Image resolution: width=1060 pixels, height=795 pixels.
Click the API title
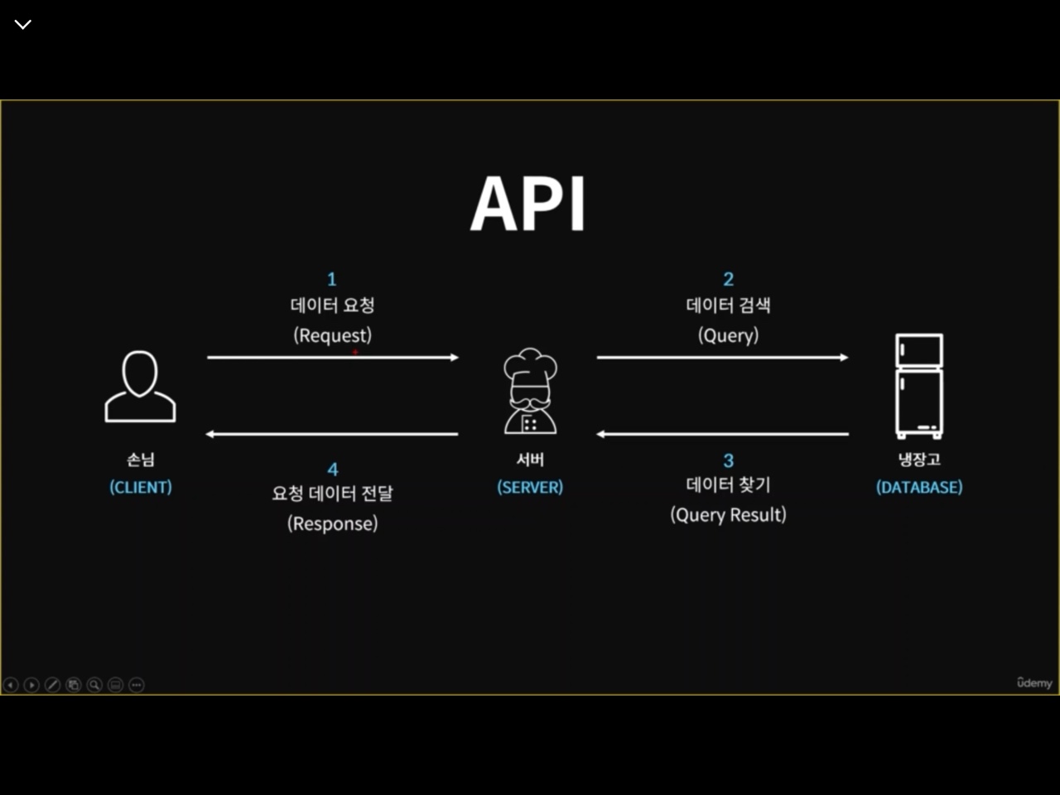[x=528, y=204]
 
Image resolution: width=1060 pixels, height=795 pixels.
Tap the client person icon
[x=140, y=386]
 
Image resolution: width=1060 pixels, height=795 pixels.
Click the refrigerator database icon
[x=919, y=386]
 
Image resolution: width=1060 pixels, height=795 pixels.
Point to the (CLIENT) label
[x=141, y=487]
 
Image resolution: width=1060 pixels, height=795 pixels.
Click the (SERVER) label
[x=530, y=487]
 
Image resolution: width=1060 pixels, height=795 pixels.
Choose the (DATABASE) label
[x=919, y=487]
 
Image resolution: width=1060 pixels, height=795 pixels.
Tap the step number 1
[x=332, y=279]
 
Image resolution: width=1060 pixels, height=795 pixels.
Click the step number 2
[x=729, y=279]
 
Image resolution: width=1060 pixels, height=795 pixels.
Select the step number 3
[x=729, y=460]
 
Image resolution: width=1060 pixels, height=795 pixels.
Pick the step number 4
[x=333, y=470]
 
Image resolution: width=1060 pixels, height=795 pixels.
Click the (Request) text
[x=333, y=335]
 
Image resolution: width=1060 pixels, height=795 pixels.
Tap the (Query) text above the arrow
[x=729, y=335]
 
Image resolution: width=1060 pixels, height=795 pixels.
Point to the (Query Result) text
[x=729, y=515]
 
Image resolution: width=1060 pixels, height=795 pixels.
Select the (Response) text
[x=333, y=523]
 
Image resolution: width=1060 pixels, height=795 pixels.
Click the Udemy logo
[x=1034, y=682]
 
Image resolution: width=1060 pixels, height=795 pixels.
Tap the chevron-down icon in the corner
[x=23, y=25]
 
